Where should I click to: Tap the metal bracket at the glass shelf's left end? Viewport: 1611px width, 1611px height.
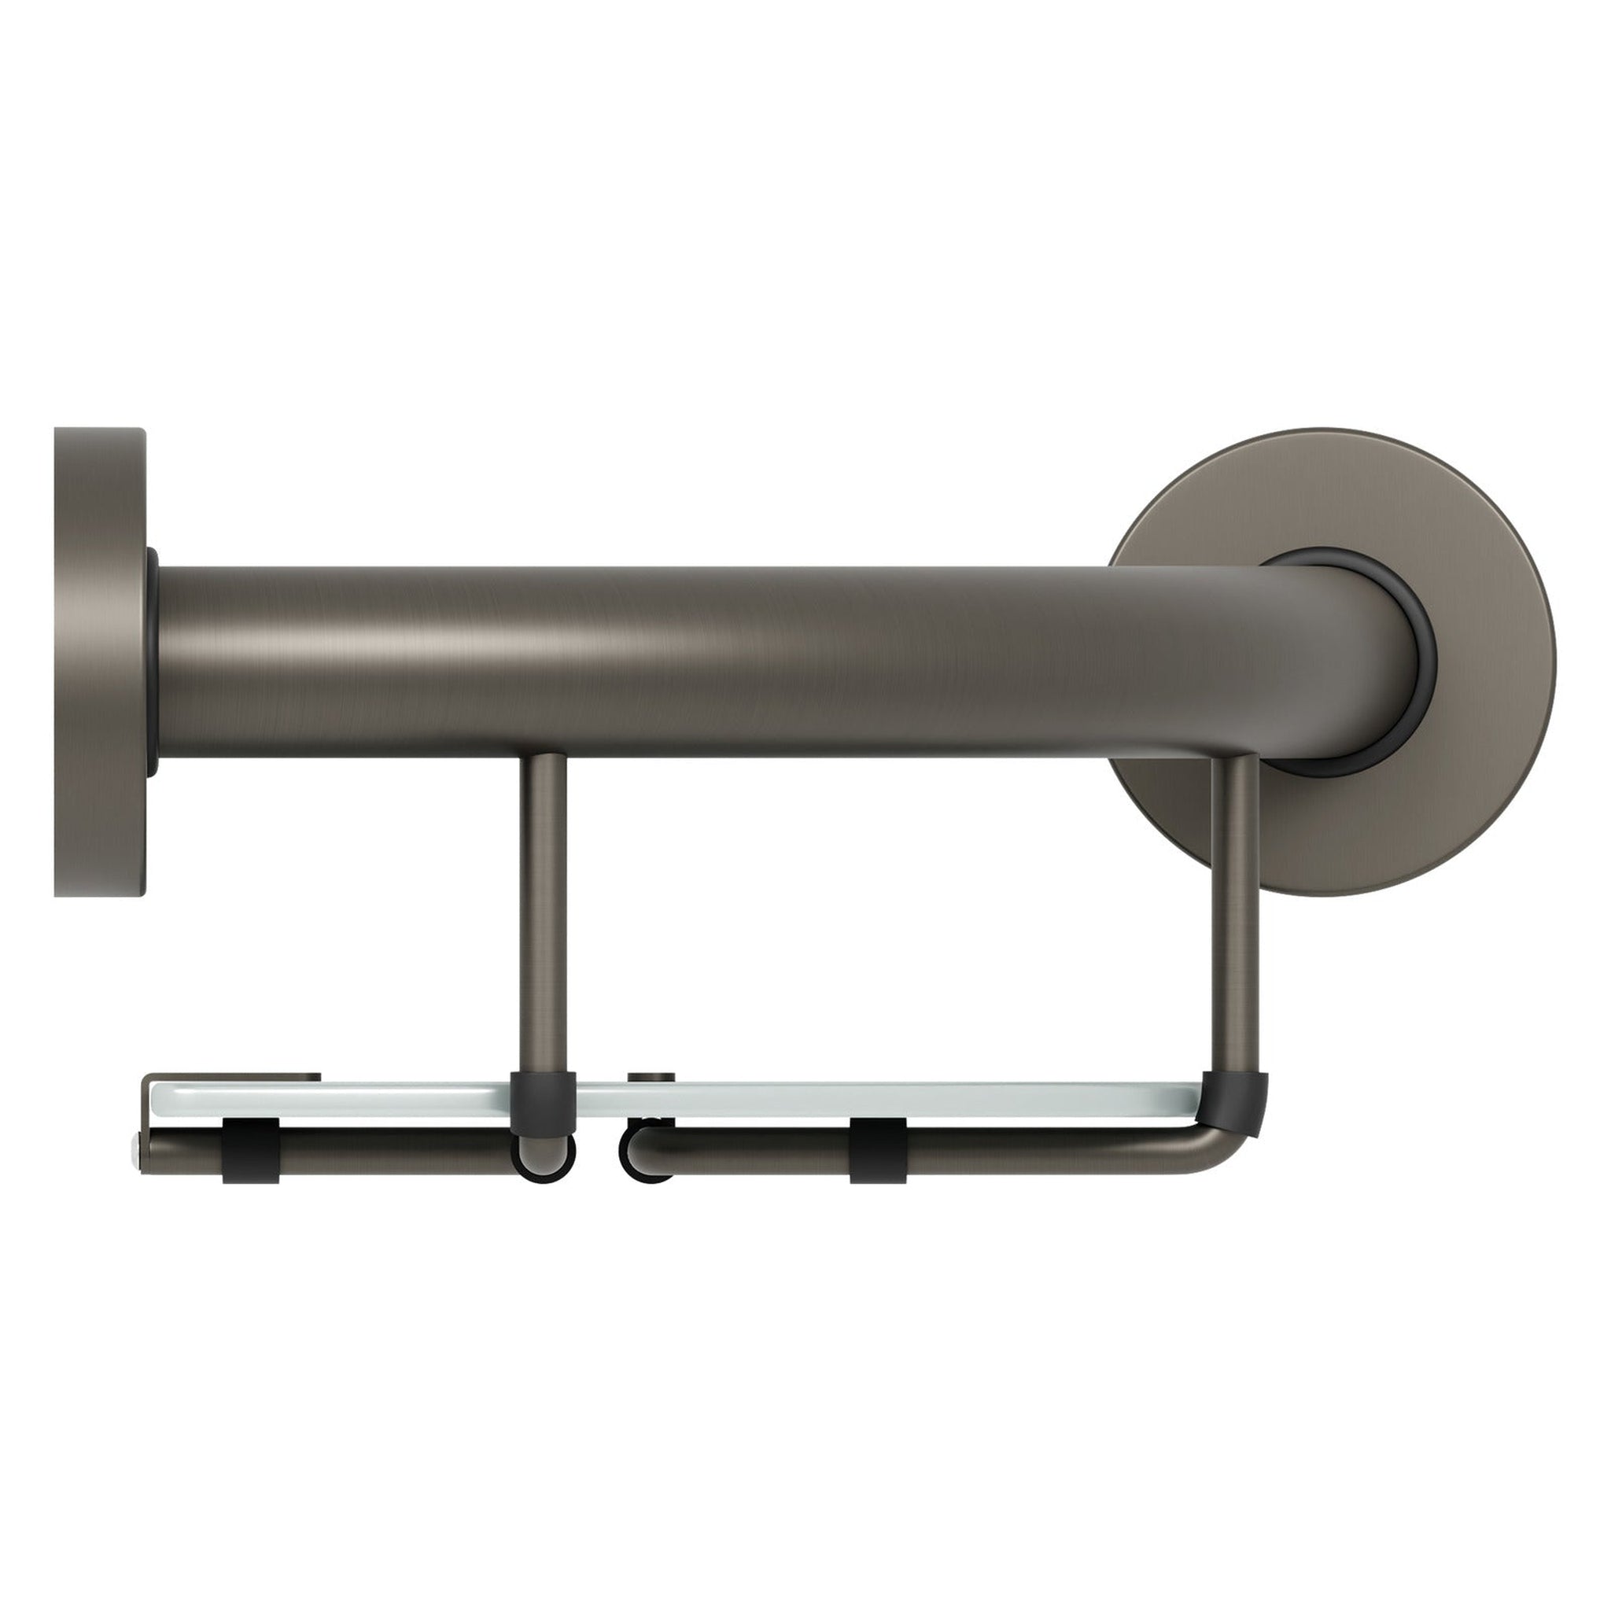pyautogui.click(x=234, y=1078)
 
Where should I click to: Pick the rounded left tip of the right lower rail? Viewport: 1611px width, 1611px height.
pyautogui.click(x=643, y=1155)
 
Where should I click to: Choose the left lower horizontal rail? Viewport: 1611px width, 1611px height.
pyautogui.click(x=375, y=1152)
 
